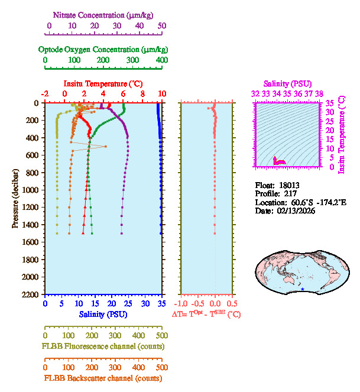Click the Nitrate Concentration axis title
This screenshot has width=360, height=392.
[x=104, y=14]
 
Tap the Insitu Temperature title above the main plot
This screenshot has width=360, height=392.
[x=103, y=84]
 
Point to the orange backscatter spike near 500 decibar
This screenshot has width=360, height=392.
[x=105, y=146]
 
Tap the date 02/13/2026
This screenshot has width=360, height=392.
[x=295, y=210]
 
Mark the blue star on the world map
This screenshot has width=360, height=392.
[x=303, y=290]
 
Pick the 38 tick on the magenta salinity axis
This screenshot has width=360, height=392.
[x=319, y=93]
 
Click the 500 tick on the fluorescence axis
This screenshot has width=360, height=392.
[x=162, y=335]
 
